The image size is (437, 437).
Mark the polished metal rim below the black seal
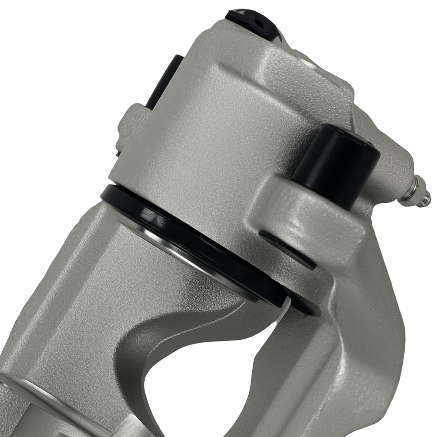184,253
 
